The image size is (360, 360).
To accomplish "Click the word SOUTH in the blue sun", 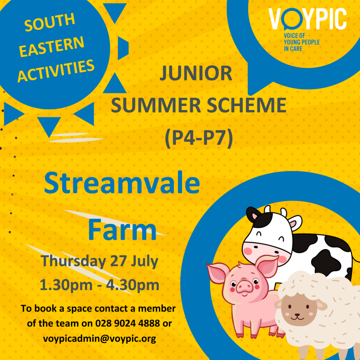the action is (50, 22).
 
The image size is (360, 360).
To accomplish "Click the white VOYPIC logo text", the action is (307, 19).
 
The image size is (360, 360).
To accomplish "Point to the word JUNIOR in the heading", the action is (196, 73).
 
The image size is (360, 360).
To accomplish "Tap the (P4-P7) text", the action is (199, 138).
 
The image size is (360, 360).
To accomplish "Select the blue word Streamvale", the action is (122, 183).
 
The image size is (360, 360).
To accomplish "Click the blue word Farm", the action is (122, 230).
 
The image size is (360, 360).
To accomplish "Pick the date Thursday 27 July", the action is (99, 261).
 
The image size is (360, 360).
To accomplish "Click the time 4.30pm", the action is (133, 285).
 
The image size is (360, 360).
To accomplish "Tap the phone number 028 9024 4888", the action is (127, 323).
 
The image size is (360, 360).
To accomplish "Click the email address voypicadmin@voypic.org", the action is (99, 339).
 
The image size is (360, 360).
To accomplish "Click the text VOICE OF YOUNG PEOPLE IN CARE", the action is (302, 42).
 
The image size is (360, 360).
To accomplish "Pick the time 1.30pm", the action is (66, 285).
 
